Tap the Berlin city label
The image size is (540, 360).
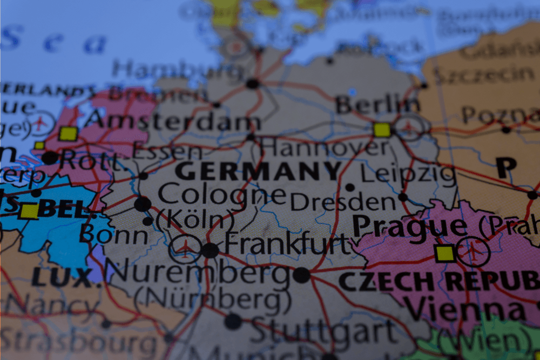coord(377,104)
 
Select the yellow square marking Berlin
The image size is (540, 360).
coord(382,130)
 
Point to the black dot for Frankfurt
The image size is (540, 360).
coord(210,250)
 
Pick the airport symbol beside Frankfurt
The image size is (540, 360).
coord(185,249)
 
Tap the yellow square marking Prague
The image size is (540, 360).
coord(445,253)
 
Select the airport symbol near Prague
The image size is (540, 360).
coord(474,252)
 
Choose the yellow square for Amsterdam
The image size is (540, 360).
coord(68,133)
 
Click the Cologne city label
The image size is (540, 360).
coord(222,193)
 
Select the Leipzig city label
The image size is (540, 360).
coord(408,174)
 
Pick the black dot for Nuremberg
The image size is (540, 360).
coord(301,275)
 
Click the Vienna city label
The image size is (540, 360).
coord(465,310)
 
